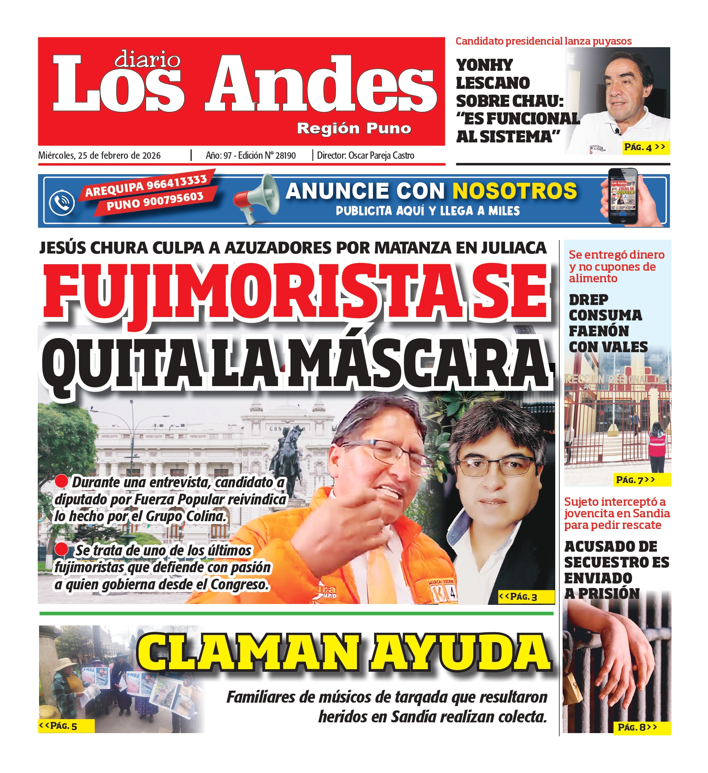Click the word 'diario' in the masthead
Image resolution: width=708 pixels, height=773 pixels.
[147, 60]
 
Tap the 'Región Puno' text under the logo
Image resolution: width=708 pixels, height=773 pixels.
[354, 128]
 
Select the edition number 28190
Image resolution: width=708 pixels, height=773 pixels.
[285, 156]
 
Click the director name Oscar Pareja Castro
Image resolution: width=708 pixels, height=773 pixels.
[381, 156]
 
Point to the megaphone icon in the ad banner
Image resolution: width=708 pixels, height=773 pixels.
[257, 198]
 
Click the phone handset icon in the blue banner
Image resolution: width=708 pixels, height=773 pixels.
[62, 202]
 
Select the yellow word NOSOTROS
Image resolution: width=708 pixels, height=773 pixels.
[514, 191]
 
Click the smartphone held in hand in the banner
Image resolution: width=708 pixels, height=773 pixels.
[623, 196]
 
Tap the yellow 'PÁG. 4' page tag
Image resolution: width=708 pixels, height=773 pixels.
[644, 148]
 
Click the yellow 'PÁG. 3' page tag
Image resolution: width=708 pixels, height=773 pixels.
[518, 597]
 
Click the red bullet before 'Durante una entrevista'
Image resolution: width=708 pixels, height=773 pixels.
[61, 481]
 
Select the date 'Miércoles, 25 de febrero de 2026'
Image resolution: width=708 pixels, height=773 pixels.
[100, 156]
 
